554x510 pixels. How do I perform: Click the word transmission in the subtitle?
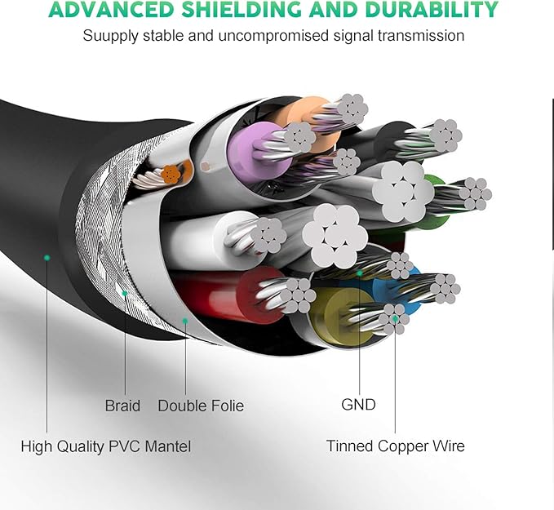424,36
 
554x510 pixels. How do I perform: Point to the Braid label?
122,406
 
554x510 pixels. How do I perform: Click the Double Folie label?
201,406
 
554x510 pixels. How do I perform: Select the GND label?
358,404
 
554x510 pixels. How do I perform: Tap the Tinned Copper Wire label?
396,446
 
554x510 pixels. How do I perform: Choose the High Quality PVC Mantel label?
106,446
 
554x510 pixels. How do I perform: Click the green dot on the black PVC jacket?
47,257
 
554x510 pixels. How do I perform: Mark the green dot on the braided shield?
124,293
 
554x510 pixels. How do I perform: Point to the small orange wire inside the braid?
171,173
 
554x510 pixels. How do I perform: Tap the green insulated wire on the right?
434,196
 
